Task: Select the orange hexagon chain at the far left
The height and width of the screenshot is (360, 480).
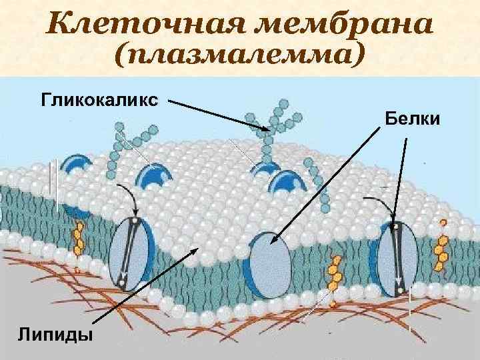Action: (79, 240)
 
